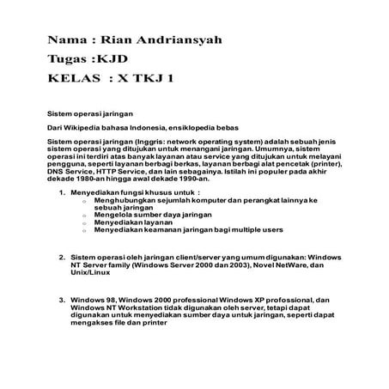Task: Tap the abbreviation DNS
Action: (56, 173)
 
